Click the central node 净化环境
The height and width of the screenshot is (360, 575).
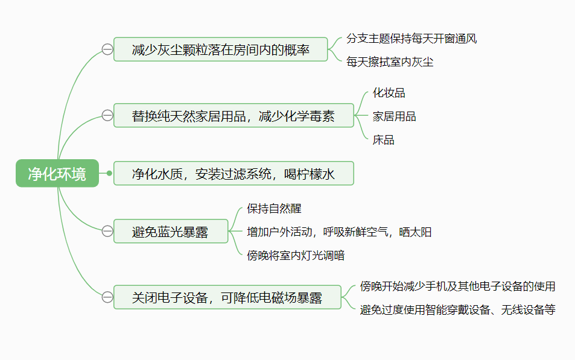pos(57,174)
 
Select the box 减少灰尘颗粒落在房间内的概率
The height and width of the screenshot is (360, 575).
pos(220,49)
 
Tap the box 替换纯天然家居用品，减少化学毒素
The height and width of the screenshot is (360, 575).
pos(233,116)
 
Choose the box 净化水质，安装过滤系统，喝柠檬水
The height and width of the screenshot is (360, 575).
pos(233,174)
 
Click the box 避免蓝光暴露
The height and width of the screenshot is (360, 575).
pos(171,232)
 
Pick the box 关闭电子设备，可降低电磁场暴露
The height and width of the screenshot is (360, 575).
pos(227,297)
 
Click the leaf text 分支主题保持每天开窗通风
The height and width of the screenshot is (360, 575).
pos(411,39)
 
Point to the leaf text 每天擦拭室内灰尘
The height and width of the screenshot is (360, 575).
pos(390,62)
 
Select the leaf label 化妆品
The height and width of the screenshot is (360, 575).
pos(389,93)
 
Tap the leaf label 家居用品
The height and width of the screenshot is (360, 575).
pos(394,116)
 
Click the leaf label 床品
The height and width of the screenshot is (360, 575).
pos(383,140)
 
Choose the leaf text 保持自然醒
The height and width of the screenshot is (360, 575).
pos(275,209)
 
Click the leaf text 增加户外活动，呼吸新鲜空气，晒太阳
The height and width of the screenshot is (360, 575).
pos(339,232)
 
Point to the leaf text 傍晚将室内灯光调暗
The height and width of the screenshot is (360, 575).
pos(296,256)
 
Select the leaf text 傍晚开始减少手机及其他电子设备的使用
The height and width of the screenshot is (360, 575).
pos(458,286)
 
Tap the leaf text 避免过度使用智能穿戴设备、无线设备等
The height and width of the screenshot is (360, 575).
pos(458,310)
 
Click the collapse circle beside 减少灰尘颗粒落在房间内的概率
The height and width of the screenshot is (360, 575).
pos(107,49)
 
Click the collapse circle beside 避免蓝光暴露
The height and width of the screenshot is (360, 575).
pos(107,231)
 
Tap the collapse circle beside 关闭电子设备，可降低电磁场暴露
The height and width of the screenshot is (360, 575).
pos(107,297)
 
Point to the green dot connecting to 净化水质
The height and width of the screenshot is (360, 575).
pos(109,173)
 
